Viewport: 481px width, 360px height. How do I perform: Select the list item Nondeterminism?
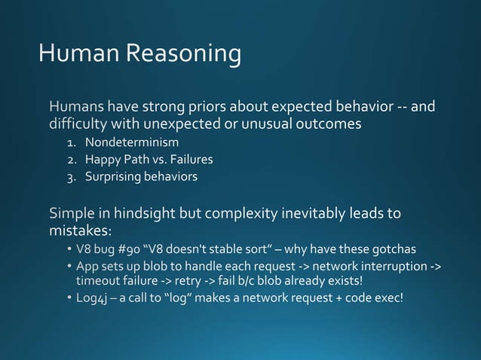tap(132, 142)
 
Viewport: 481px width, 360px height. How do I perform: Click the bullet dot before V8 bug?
tap(69, 250)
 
